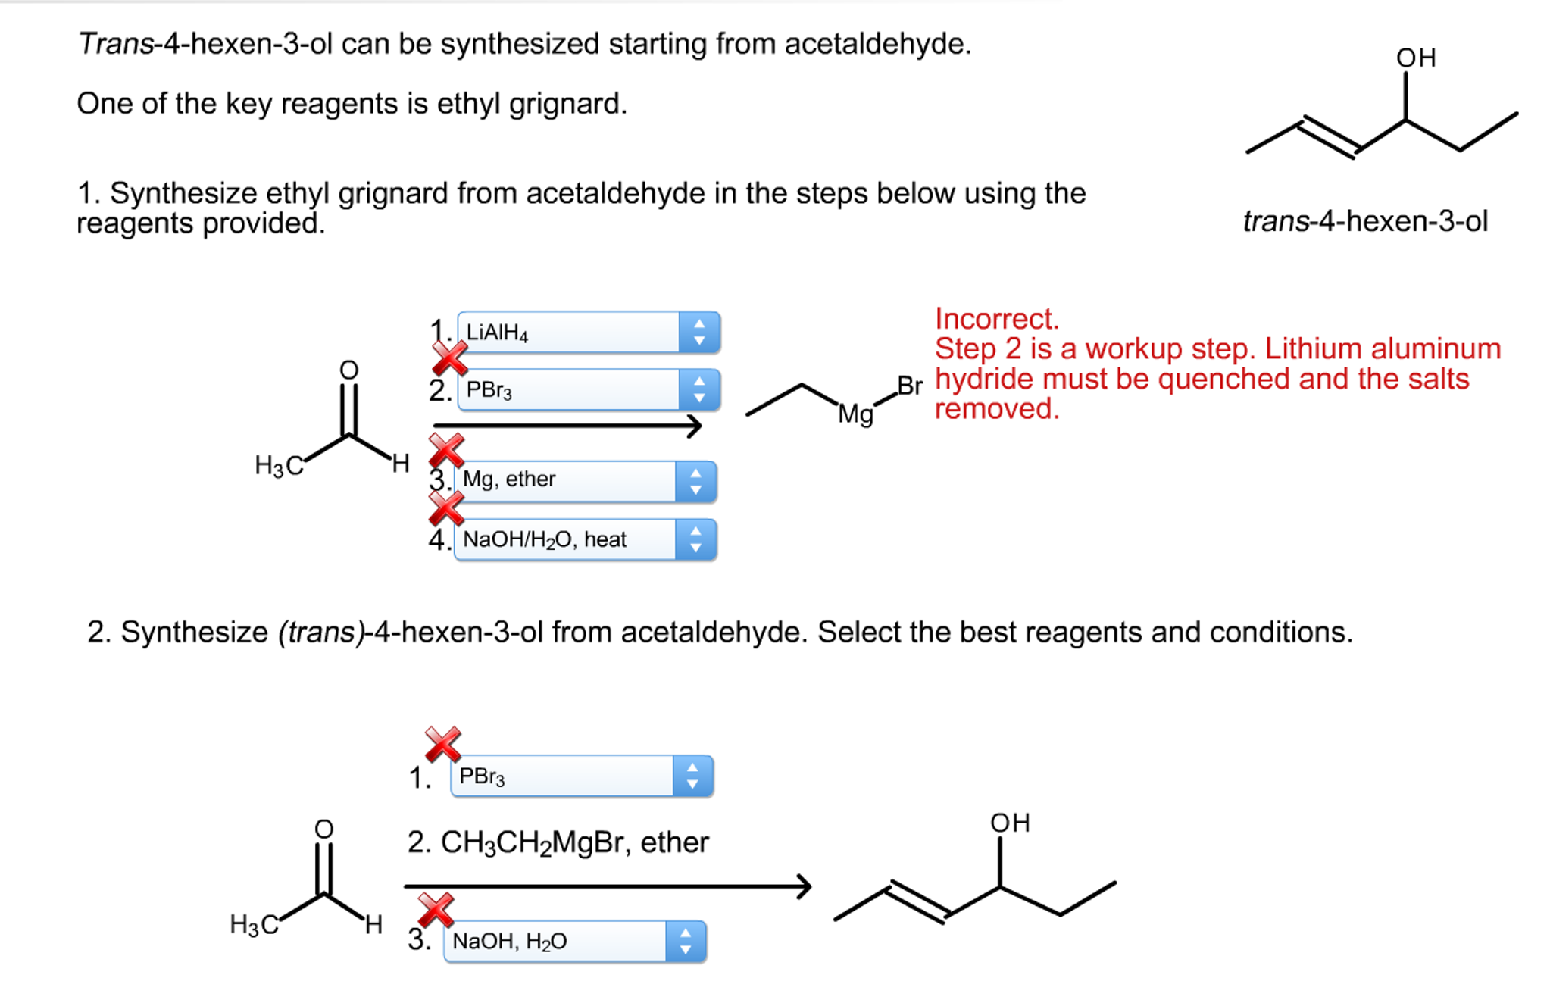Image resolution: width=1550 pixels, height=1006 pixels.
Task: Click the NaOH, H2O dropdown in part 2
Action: tap(557, 941)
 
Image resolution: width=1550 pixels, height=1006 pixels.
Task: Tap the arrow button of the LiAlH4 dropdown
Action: tap(698, 332)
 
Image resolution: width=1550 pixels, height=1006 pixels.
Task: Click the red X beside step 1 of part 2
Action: tap(442, 743)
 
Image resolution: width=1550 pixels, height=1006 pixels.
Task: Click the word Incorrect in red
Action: tap(996, 319)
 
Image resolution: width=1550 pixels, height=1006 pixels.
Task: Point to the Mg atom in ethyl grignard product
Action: tap(855, 414)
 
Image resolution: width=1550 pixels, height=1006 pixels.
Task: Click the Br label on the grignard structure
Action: tap(909, 386)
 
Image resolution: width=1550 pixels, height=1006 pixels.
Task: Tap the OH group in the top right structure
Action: tap(1415, 58)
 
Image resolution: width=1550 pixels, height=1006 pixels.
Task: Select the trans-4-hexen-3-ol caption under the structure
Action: tap(1365, 221)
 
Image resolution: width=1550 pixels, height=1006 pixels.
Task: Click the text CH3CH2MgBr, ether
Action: tap(558, 842)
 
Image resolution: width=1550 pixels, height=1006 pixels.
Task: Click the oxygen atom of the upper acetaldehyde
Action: tap(348, 370)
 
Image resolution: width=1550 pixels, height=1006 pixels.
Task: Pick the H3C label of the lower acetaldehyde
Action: tap(254, 925)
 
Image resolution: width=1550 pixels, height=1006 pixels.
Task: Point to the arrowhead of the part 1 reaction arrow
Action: tap(694, 426)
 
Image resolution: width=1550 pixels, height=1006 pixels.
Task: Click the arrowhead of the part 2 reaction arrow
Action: tap(803, 886)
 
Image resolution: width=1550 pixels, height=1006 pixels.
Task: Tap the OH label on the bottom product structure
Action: tap(1009, 823)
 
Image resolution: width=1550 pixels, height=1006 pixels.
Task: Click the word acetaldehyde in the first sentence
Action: tap(876, 44)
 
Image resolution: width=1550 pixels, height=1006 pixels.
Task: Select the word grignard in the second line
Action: tap(567, 104)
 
